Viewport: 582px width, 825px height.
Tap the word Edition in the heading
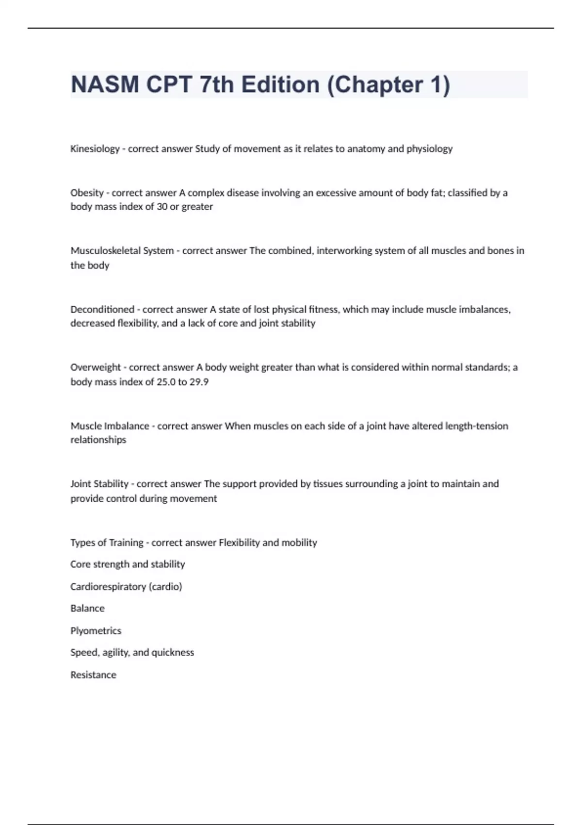coord(280,84)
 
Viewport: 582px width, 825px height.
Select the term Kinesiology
coord(95,149)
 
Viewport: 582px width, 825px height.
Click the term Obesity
coord(87,193)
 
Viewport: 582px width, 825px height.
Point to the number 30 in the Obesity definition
coord(162,207)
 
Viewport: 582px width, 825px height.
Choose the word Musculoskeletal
coord(105,251)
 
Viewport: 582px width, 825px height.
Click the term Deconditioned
coord(102,309)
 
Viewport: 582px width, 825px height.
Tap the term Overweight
coord(96,367)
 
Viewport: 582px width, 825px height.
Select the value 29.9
coord(199,382)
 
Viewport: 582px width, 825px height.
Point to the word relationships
coord(98,440)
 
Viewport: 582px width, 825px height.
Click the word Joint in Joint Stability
coord(80,484)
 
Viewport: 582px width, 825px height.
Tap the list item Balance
coord(87,609)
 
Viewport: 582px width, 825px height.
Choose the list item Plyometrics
coord(96,631)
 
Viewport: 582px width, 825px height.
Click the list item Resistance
coord(93,675)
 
